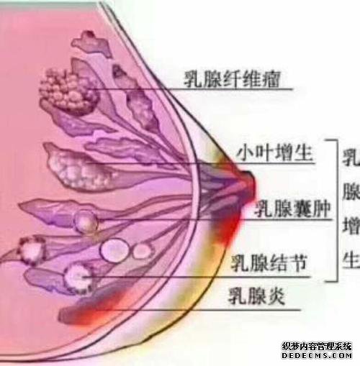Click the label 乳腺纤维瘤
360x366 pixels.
[x=232, y=78]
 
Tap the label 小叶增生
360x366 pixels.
[x=275, y=152]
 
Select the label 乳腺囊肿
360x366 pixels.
[x=292, y=209]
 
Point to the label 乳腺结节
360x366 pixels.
[x=269, y=262]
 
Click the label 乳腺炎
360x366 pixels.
[x=256, y=296]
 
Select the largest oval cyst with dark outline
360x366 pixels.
[x=114, y=250]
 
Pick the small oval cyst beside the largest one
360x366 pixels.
[x=142, y=251]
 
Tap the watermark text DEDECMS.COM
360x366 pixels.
[x=317, y=355]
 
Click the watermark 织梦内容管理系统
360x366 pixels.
[x=317, y=347]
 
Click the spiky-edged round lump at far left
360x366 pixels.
[x=32, y=250]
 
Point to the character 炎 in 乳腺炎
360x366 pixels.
[x=276, y=296]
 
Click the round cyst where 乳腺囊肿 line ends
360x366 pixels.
[x=86, y=221]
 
